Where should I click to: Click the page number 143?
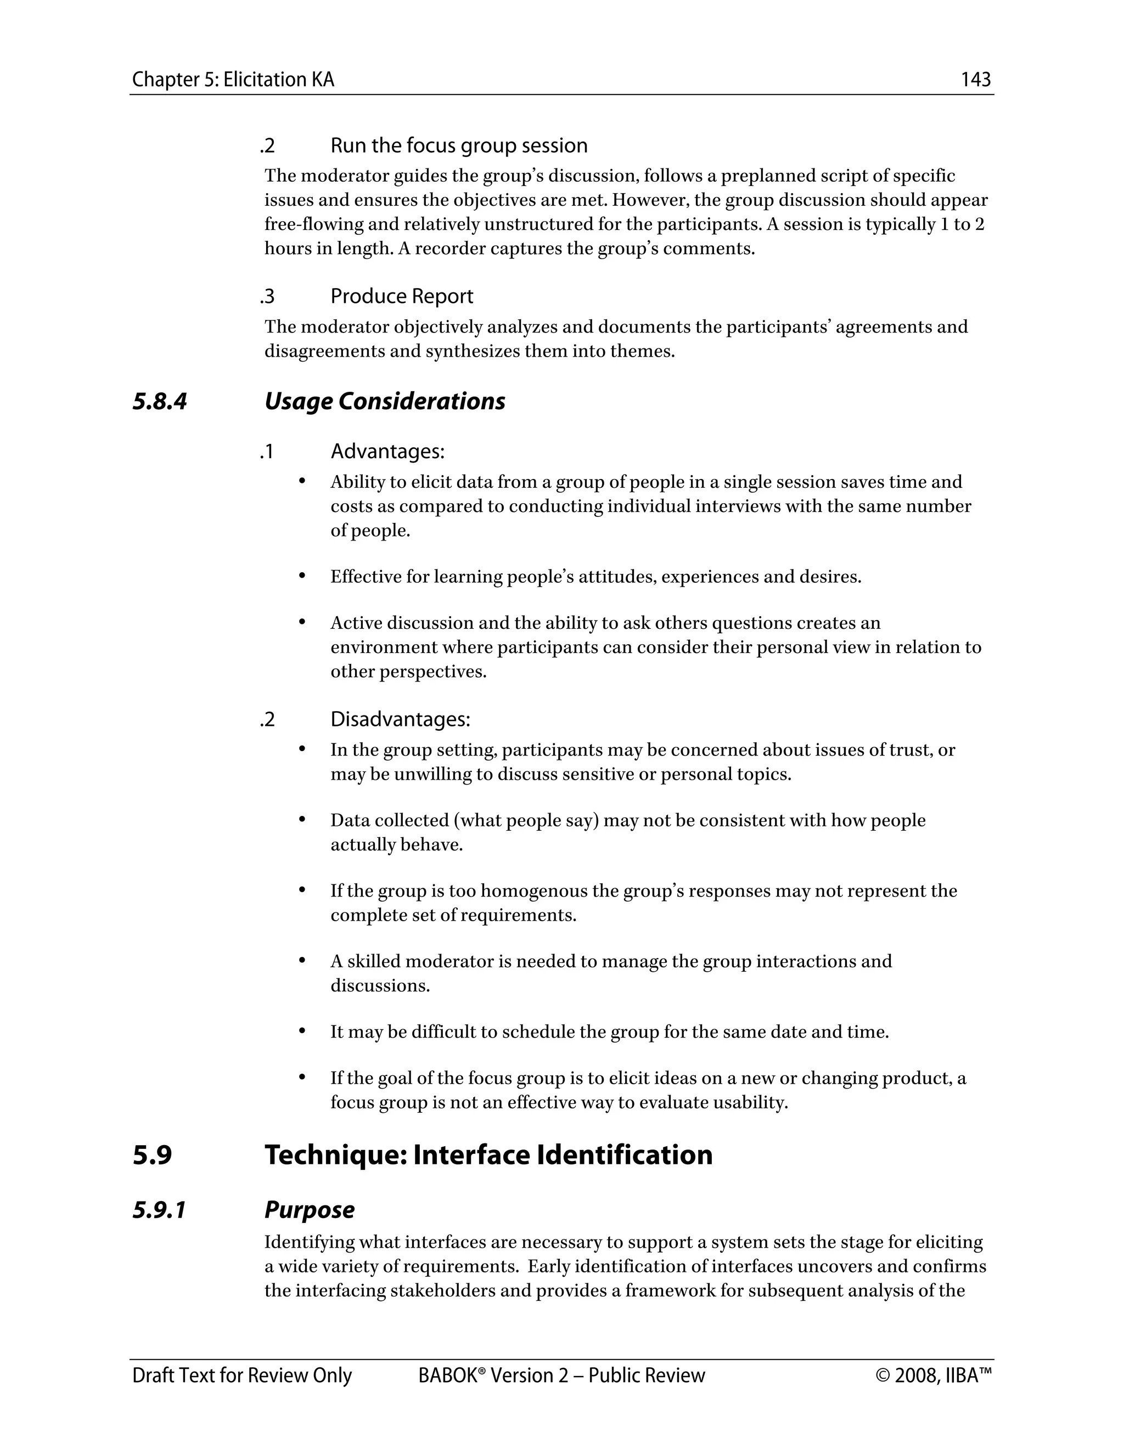coord(975,80)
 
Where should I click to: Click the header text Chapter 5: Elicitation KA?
coord(233,80)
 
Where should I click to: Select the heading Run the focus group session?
coord(459,145)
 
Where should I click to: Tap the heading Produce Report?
coord(402,296)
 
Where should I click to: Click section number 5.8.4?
coord(160,402)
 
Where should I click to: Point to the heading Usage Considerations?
coord(385,402)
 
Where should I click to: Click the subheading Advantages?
coord(387,452)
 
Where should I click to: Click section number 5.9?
coord(152,1154)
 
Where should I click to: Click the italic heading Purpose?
coord(309,1210)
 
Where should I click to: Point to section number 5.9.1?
coord(159,1210)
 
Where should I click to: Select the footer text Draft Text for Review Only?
coord(241,1376)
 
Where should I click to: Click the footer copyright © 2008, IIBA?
coord(934,1376)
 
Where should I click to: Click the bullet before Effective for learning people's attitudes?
coord(302,574)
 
